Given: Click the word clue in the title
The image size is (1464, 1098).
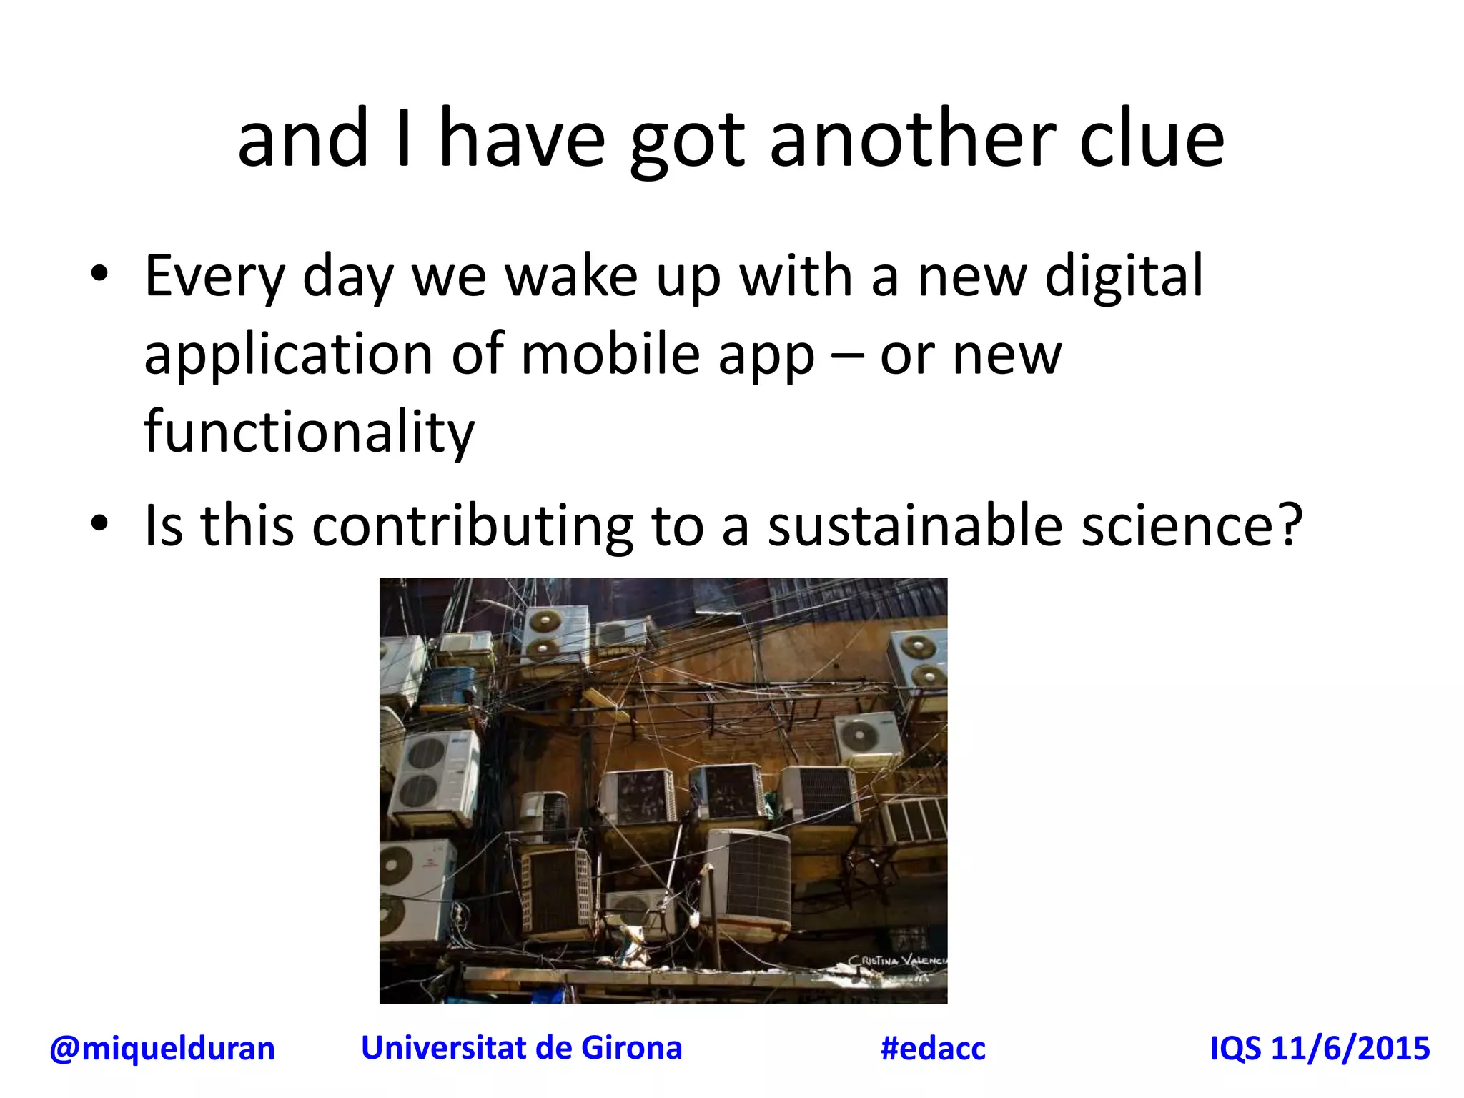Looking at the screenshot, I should coord(1152,139).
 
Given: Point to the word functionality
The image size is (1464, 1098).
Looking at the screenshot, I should coord(309,432).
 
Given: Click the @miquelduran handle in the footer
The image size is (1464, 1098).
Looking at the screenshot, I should coord(162,1049).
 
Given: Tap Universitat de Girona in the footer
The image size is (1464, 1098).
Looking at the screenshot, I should coord(521,1048).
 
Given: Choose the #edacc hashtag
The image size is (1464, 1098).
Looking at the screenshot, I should coord(933,1049).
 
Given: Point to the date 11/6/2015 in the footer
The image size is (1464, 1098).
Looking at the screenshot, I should coord(1350,1049).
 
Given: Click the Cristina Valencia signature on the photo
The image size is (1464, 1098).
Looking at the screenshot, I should coord(897,960).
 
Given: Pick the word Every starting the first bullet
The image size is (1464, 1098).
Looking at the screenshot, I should coord(214,277).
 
